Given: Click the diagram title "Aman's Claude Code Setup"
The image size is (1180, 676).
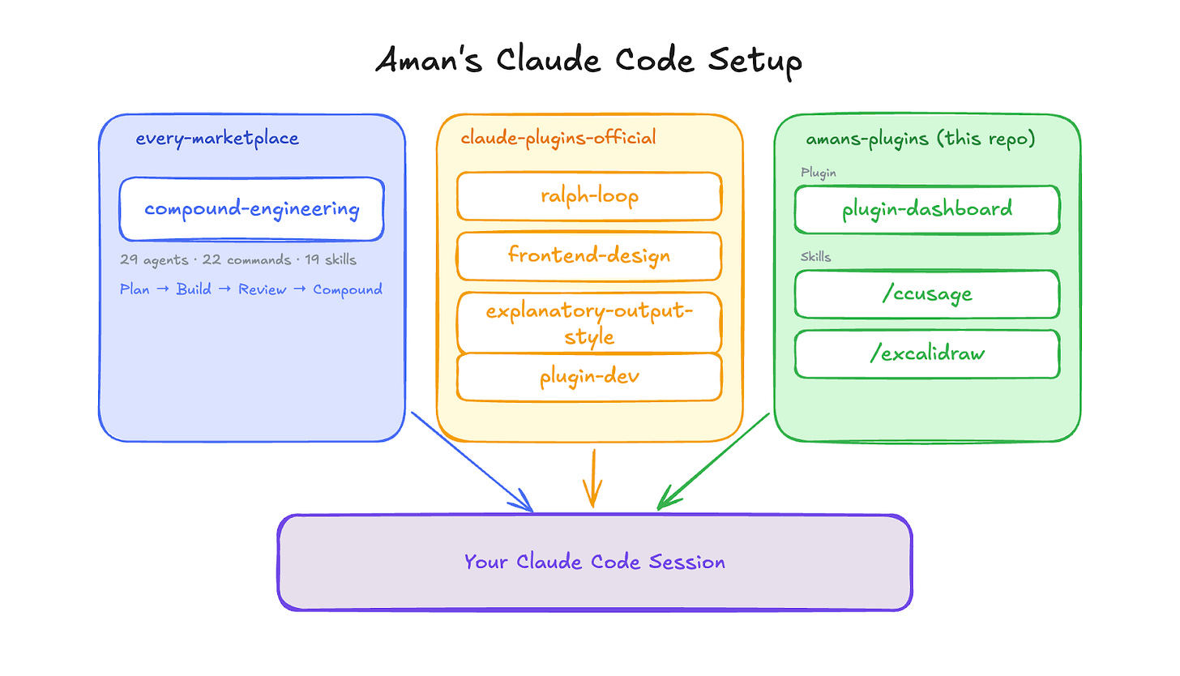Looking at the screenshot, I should point(588,62).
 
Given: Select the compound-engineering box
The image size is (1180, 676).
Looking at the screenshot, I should point(251,209).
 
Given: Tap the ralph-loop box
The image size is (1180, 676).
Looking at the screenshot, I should point(589,196).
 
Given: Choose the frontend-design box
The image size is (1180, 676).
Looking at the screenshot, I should point(589,256).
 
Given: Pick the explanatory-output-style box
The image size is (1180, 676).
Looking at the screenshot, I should point(589,323).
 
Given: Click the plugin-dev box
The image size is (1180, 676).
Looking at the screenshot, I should point(589,377).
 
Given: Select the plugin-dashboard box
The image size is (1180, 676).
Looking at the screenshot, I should point(926,209).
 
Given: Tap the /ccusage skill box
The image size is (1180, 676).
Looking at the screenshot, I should point(926,293).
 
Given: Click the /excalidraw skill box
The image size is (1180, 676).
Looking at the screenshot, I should point(926,353).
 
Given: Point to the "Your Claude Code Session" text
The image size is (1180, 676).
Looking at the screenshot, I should point(594,562).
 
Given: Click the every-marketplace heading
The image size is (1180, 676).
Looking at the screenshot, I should point(217,139).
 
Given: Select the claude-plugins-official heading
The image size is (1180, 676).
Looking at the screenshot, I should point(558,139).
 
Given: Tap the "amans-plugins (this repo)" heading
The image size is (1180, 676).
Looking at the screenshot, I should point(920,139).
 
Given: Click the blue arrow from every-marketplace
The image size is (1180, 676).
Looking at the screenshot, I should point(472,462).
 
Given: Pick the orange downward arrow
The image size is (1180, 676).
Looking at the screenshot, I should point(593,478).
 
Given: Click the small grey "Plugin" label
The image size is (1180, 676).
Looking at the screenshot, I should point(818,173).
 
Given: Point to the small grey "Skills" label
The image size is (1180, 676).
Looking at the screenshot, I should point(815,257).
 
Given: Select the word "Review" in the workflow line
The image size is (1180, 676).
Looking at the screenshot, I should point(261,289).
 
